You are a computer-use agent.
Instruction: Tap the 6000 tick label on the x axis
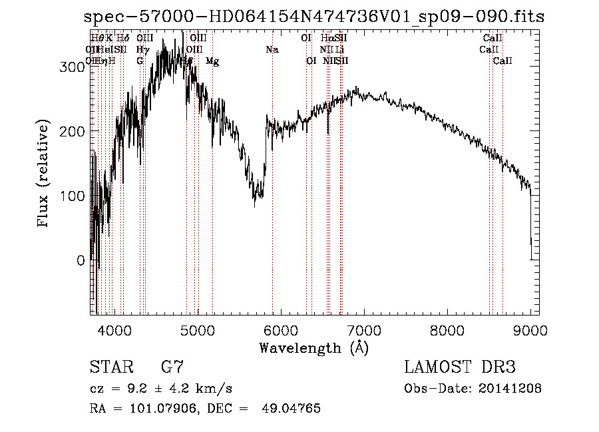(x=281, y=329)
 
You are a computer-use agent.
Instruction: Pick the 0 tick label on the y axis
(x=81, y=261)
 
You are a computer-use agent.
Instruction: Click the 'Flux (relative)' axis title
(x=45, y=175)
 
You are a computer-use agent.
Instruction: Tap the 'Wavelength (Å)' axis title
(x=313, y=347)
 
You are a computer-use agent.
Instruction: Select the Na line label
(x=272, y=50)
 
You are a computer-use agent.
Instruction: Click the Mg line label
(x=212, y=61)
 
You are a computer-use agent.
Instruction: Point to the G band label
(x=140, y=61)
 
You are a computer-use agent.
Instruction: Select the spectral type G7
(x=172, y=367)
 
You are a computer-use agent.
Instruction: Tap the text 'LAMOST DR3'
(x=460, y=367)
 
